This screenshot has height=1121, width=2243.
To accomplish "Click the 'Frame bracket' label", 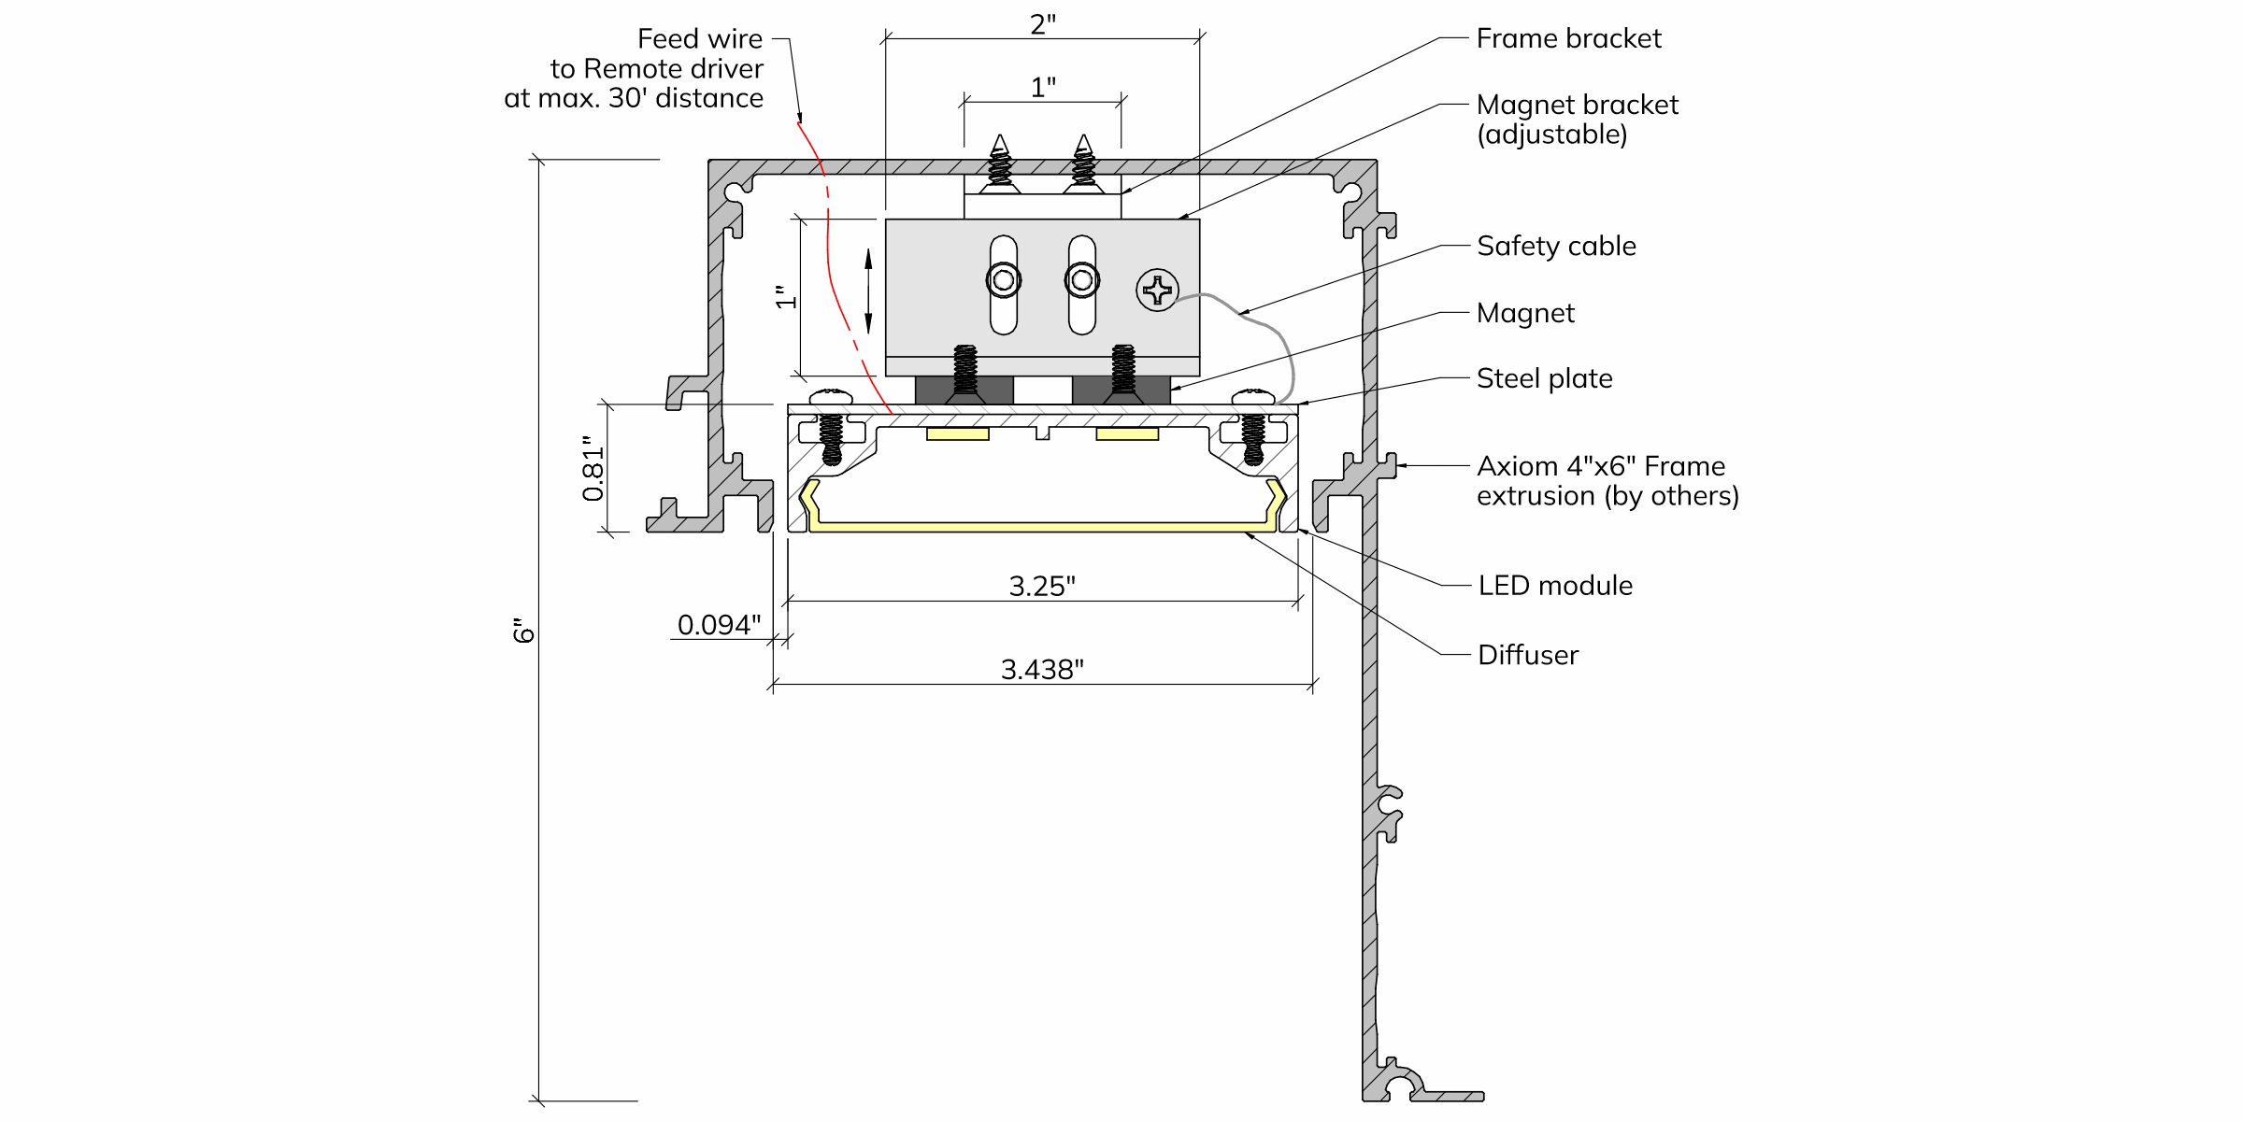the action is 1568,38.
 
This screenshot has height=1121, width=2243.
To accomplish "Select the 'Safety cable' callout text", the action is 1556,246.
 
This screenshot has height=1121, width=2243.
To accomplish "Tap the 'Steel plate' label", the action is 1544,378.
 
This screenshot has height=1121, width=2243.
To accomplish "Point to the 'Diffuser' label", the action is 1527,655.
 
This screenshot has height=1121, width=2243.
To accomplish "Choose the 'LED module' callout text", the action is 1555,586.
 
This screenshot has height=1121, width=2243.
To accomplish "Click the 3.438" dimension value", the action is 1042,670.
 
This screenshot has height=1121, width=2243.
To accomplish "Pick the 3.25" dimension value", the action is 1042,587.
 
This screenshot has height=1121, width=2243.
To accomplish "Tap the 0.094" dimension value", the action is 719,625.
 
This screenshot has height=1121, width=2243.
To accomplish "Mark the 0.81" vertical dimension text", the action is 593,469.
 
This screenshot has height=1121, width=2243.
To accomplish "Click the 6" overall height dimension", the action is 523,631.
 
